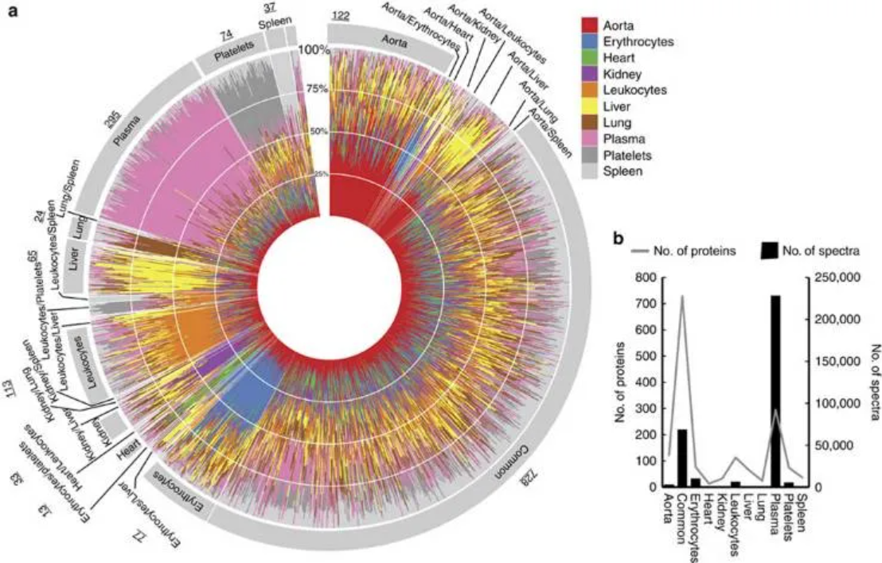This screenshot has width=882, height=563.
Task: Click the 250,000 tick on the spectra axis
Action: click(835, 278)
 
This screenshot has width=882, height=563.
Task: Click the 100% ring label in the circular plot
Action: click(314, 49)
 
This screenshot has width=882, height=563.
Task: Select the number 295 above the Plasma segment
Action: click(110, 117)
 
